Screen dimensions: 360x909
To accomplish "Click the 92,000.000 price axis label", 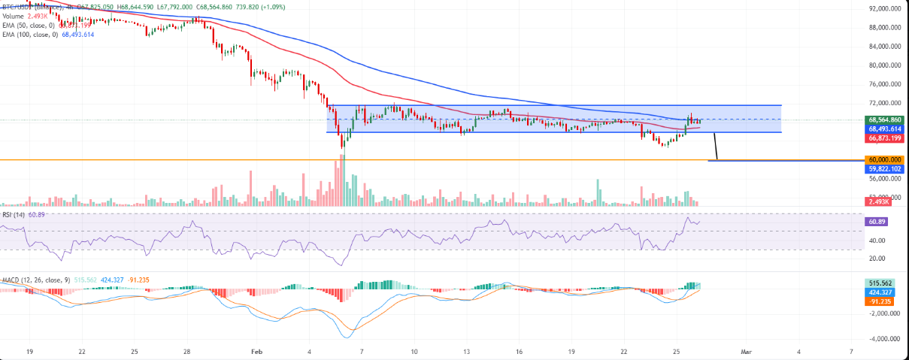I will click(x=883, y=8).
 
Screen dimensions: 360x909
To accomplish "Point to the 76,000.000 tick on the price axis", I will click(x=883, y=84).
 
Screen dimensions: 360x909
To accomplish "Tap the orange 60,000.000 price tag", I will click(x=884, y=160).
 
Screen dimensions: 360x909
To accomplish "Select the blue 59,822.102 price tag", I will click(x=884, y=169).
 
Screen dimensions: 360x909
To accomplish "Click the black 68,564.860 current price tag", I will click(x=884, y=119).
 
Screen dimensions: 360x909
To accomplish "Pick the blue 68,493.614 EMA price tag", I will click(x=884, y=129).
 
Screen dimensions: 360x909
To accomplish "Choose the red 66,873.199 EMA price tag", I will click(x=884, y=138).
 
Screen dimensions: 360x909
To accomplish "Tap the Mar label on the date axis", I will click(x=746, y=351).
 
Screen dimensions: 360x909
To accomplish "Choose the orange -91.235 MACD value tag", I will click(x=881, y=301).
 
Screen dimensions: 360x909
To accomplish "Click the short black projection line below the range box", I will click(x=715, y=147).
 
